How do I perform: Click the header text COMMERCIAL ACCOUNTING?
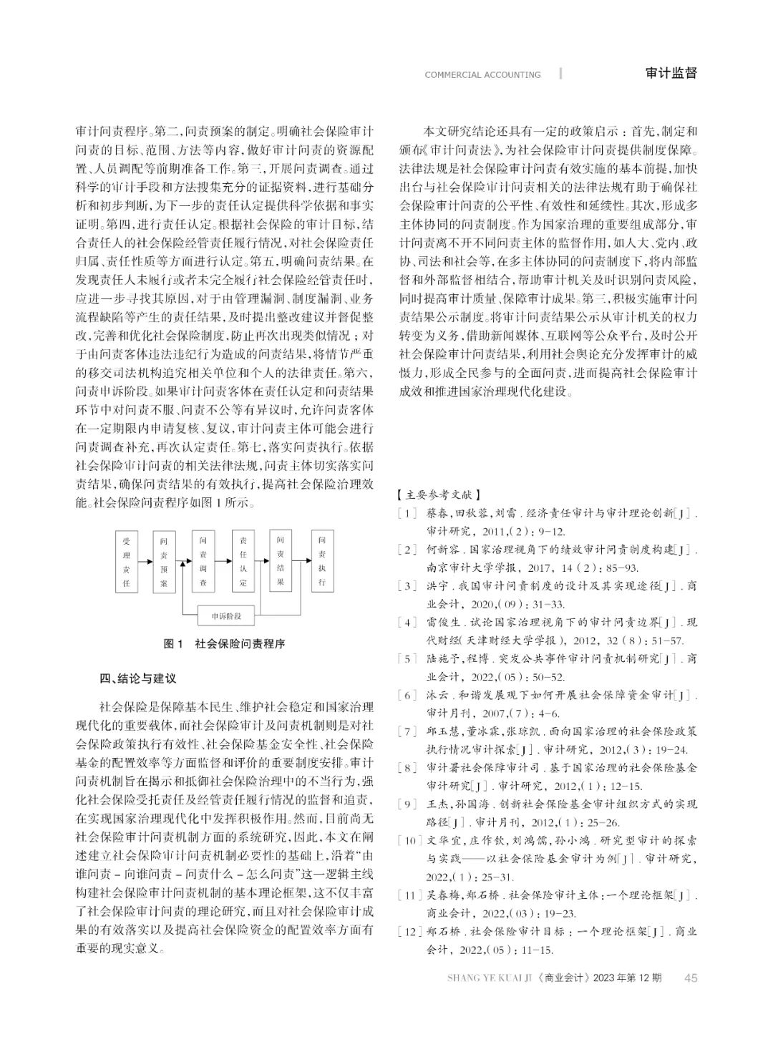(482, 74)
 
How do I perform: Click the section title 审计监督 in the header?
(671, 73)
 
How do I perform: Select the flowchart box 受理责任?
(126, 562)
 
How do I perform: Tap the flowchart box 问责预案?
(164, 562)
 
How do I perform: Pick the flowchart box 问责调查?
(203, 561)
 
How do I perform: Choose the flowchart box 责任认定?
(243, 561)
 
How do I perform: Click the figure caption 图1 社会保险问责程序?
(224, 643)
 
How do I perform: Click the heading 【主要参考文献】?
(438, 495)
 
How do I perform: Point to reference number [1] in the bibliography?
(407, 513)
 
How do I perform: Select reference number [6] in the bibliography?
(407, 695)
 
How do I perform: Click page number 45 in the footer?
(691, 978)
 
